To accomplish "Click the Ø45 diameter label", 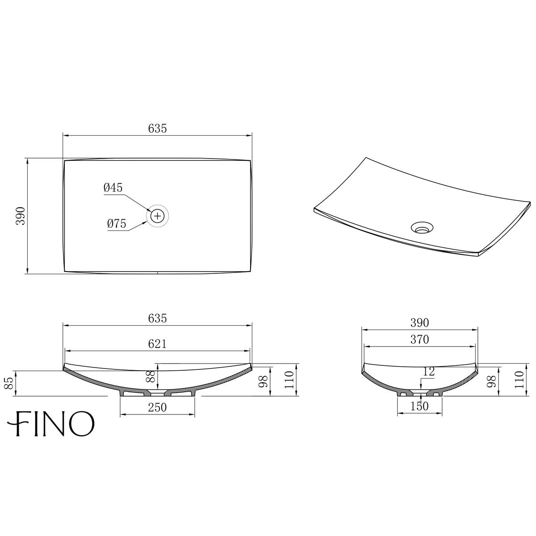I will (113, 188).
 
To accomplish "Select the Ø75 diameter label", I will (117, 224).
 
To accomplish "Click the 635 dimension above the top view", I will (157, 129).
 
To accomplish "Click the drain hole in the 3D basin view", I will (421, 228).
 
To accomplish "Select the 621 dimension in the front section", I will (157, 343).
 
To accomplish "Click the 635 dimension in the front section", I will (157, 318).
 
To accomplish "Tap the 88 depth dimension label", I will (151, 376).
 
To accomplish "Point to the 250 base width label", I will (157, 408).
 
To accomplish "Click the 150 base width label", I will (419, 406).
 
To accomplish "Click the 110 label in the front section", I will (289, 380).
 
